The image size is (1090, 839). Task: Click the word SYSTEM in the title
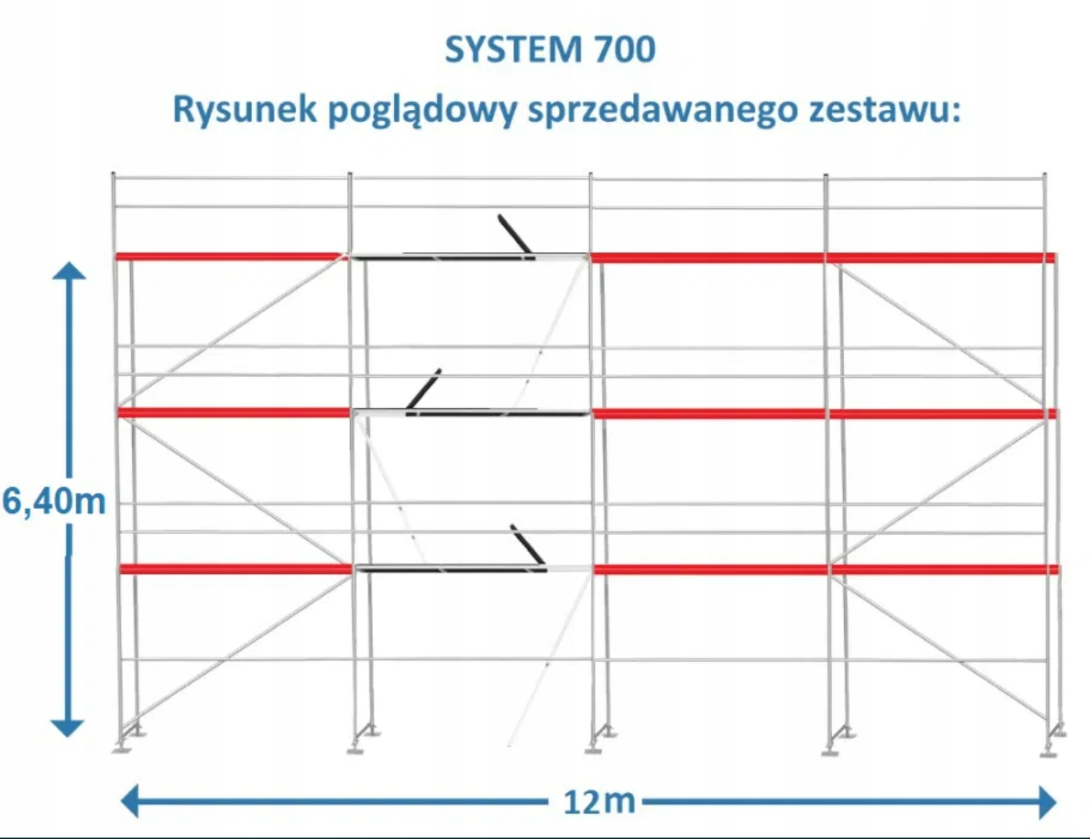click(x=513, y=49)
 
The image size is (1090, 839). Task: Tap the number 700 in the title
click(x=625, y=49)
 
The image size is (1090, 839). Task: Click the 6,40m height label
click(x=54, y=501)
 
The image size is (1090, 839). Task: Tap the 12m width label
click(x=599, y=801)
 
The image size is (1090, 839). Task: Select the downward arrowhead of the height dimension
click(x=68, y=728)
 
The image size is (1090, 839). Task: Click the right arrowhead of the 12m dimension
click(x=1048, y=802)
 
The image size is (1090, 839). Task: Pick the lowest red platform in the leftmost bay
click(x=236, y=569)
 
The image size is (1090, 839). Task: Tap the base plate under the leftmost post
click(x=121, y=750)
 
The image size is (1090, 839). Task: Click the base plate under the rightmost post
click(x=1048, y=753)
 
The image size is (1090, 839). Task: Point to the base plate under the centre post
click(x=594, y=750)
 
